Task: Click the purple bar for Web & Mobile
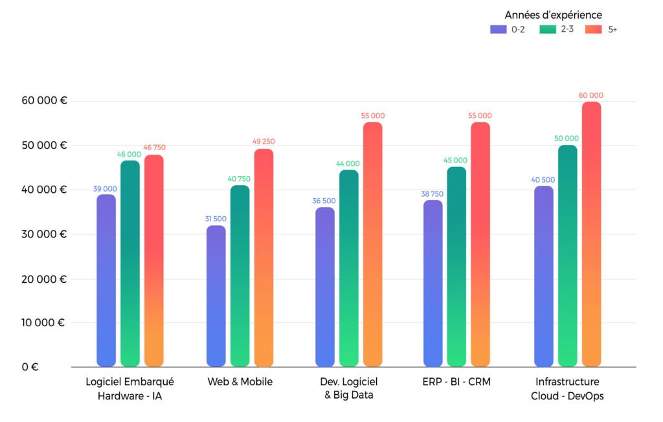click(216, 296)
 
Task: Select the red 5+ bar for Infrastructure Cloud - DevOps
click(592, 234)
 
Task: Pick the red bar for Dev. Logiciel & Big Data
click(373, 244)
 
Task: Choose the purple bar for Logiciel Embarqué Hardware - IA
click(106, 280)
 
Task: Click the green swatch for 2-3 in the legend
click(547, 29)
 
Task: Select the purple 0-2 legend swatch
click(499, 29)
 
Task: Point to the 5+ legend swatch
click(593, 29)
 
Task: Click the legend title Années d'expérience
click(554, 14)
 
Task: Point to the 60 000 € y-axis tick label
click(45, 101)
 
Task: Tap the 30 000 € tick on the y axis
click(45, 234)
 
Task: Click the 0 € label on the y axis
click(30, 366)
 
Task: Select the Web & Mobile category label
click(240, 382)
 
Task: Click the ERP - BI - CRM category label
click(457, 382)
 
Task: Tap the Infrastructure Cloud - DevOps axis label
click(567, 388)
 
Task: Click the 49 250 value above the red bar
click(263, 141)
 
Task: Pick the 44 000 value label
click(348, 164)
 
